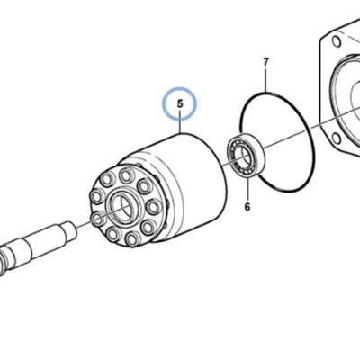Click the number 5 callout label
coord(180,103)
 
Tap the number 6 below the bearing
coord(247,207)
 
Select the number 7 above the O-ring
coord(265,63)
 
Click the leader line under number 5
coord(180,121)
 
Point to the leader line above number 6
coord(247,189)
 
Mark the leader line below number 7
coord(265,80)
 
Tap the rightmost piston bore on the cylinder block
coord(154,206)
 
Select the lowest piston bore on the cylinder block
coord(131,239)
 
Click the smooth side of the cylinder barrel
coord(195,183)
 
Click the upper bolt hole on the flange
coord(336,41)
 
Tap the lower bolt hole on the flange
coord(337,139)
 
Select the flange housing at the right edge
coord(340,90)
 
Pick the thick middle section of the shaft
coord(45,241)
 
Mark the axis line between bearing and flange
coord(288,137)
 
